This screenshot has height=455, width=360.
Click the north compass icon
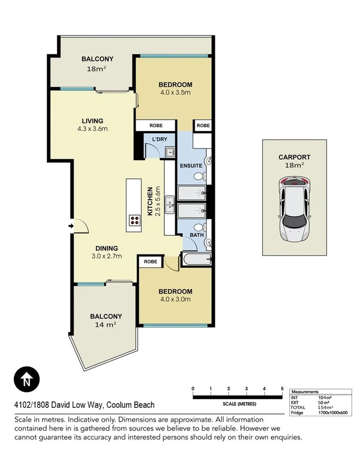26,380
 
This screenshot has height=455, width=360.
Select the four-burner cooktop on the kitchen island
135,221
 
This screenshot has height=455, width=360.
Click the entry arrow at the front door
72,227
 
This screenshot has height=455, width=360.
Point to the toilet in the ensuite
198,176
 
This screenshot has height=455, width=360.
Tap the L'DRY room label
160,139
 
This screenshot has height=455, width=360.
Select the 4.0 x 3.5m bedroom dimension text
175,93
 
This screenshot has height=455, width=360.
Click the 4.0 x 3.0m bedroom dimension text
175,299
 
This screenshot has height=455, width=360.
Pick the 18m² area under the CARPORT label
294,166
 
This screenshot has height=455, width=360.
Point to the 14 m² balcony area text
105,324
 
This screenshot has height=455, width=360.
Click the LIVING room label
92,121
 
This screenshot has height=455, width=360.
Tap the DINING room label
106,248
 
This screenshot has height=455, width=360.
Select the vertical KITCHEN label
150,201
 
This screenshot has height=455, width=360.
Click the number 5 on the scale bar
282,388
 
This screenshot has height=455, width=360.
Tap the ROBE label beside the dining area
150,262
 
